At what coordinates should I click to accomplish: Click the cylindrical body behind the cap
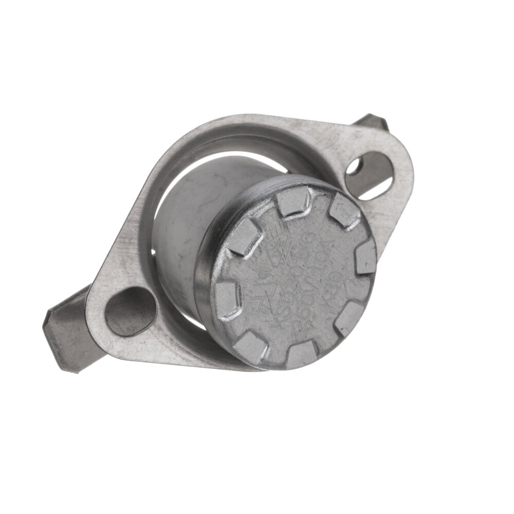pos(185,221)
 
